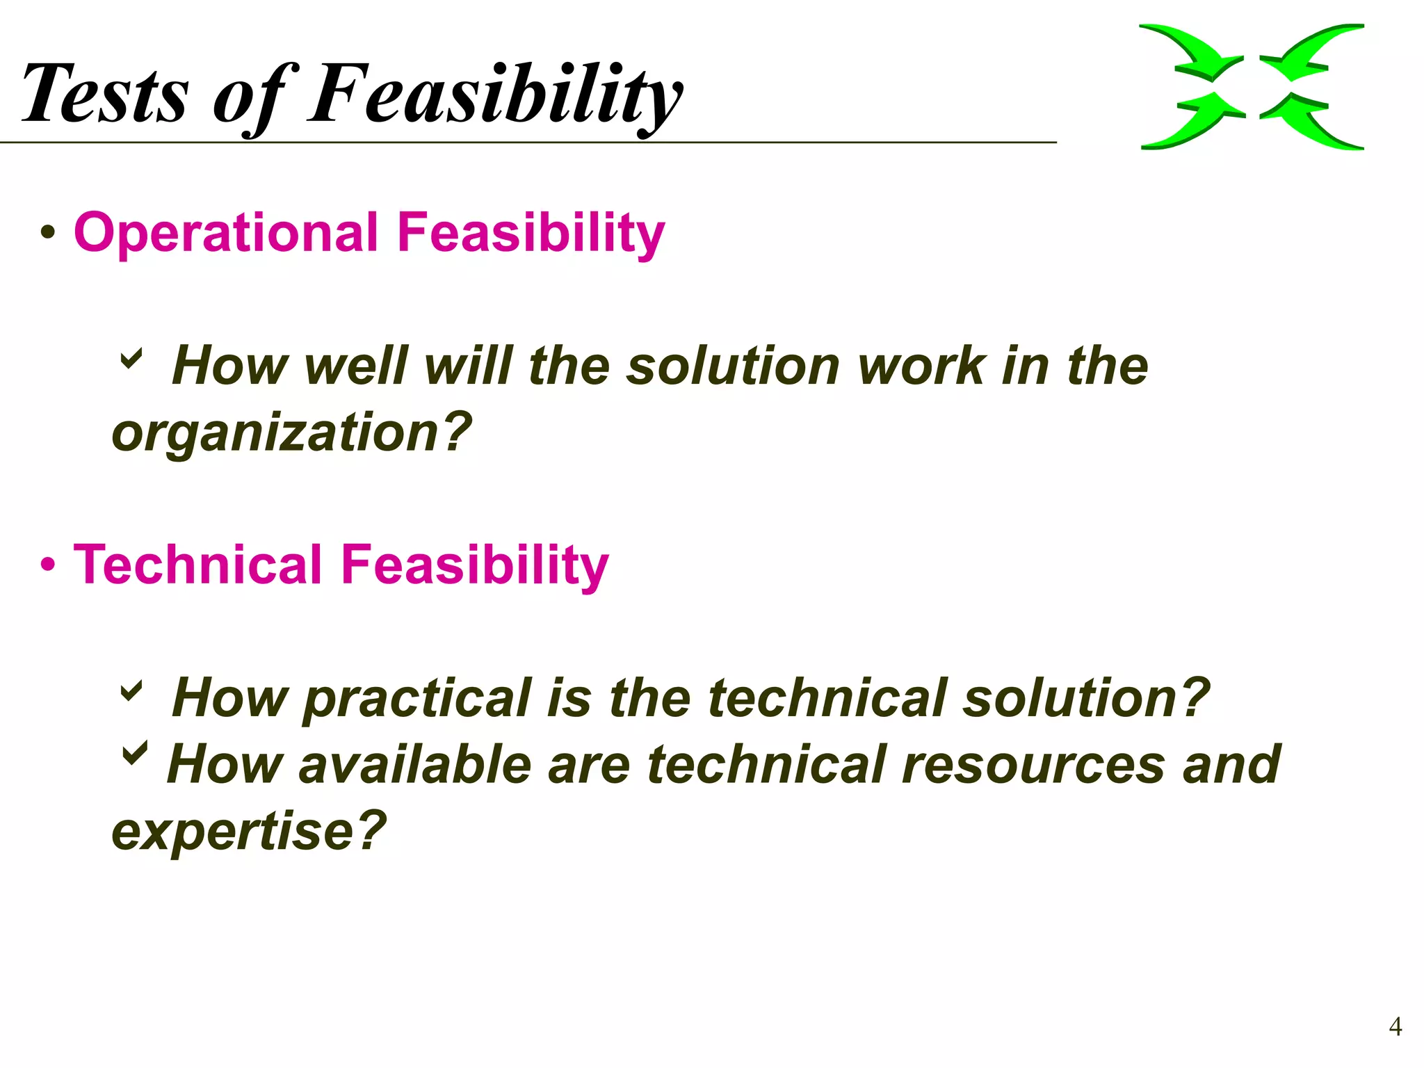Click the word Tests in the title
point(104,94)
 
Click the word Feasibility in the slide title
point(495,94)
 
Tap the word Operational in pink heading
point(226,232)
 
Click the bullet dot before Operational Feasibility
point(47,233)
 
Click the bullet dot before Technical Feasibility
point(47,565)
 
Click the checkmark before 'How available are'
point(134,753)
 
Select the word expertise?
point(249,830)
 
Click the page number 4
point(1395,1026)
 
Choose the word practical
point(416,699)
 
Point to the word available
point(415,764)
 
